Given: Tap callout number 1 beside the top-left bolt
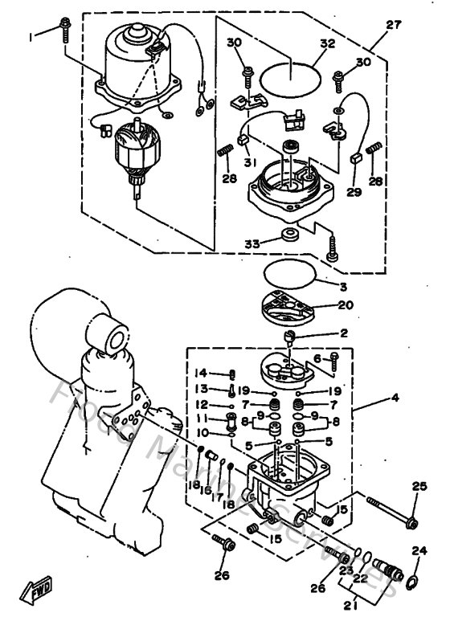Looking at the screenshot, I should [x=32, y=36].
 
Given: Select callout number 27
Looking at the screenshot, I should [x=393, y=25].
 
